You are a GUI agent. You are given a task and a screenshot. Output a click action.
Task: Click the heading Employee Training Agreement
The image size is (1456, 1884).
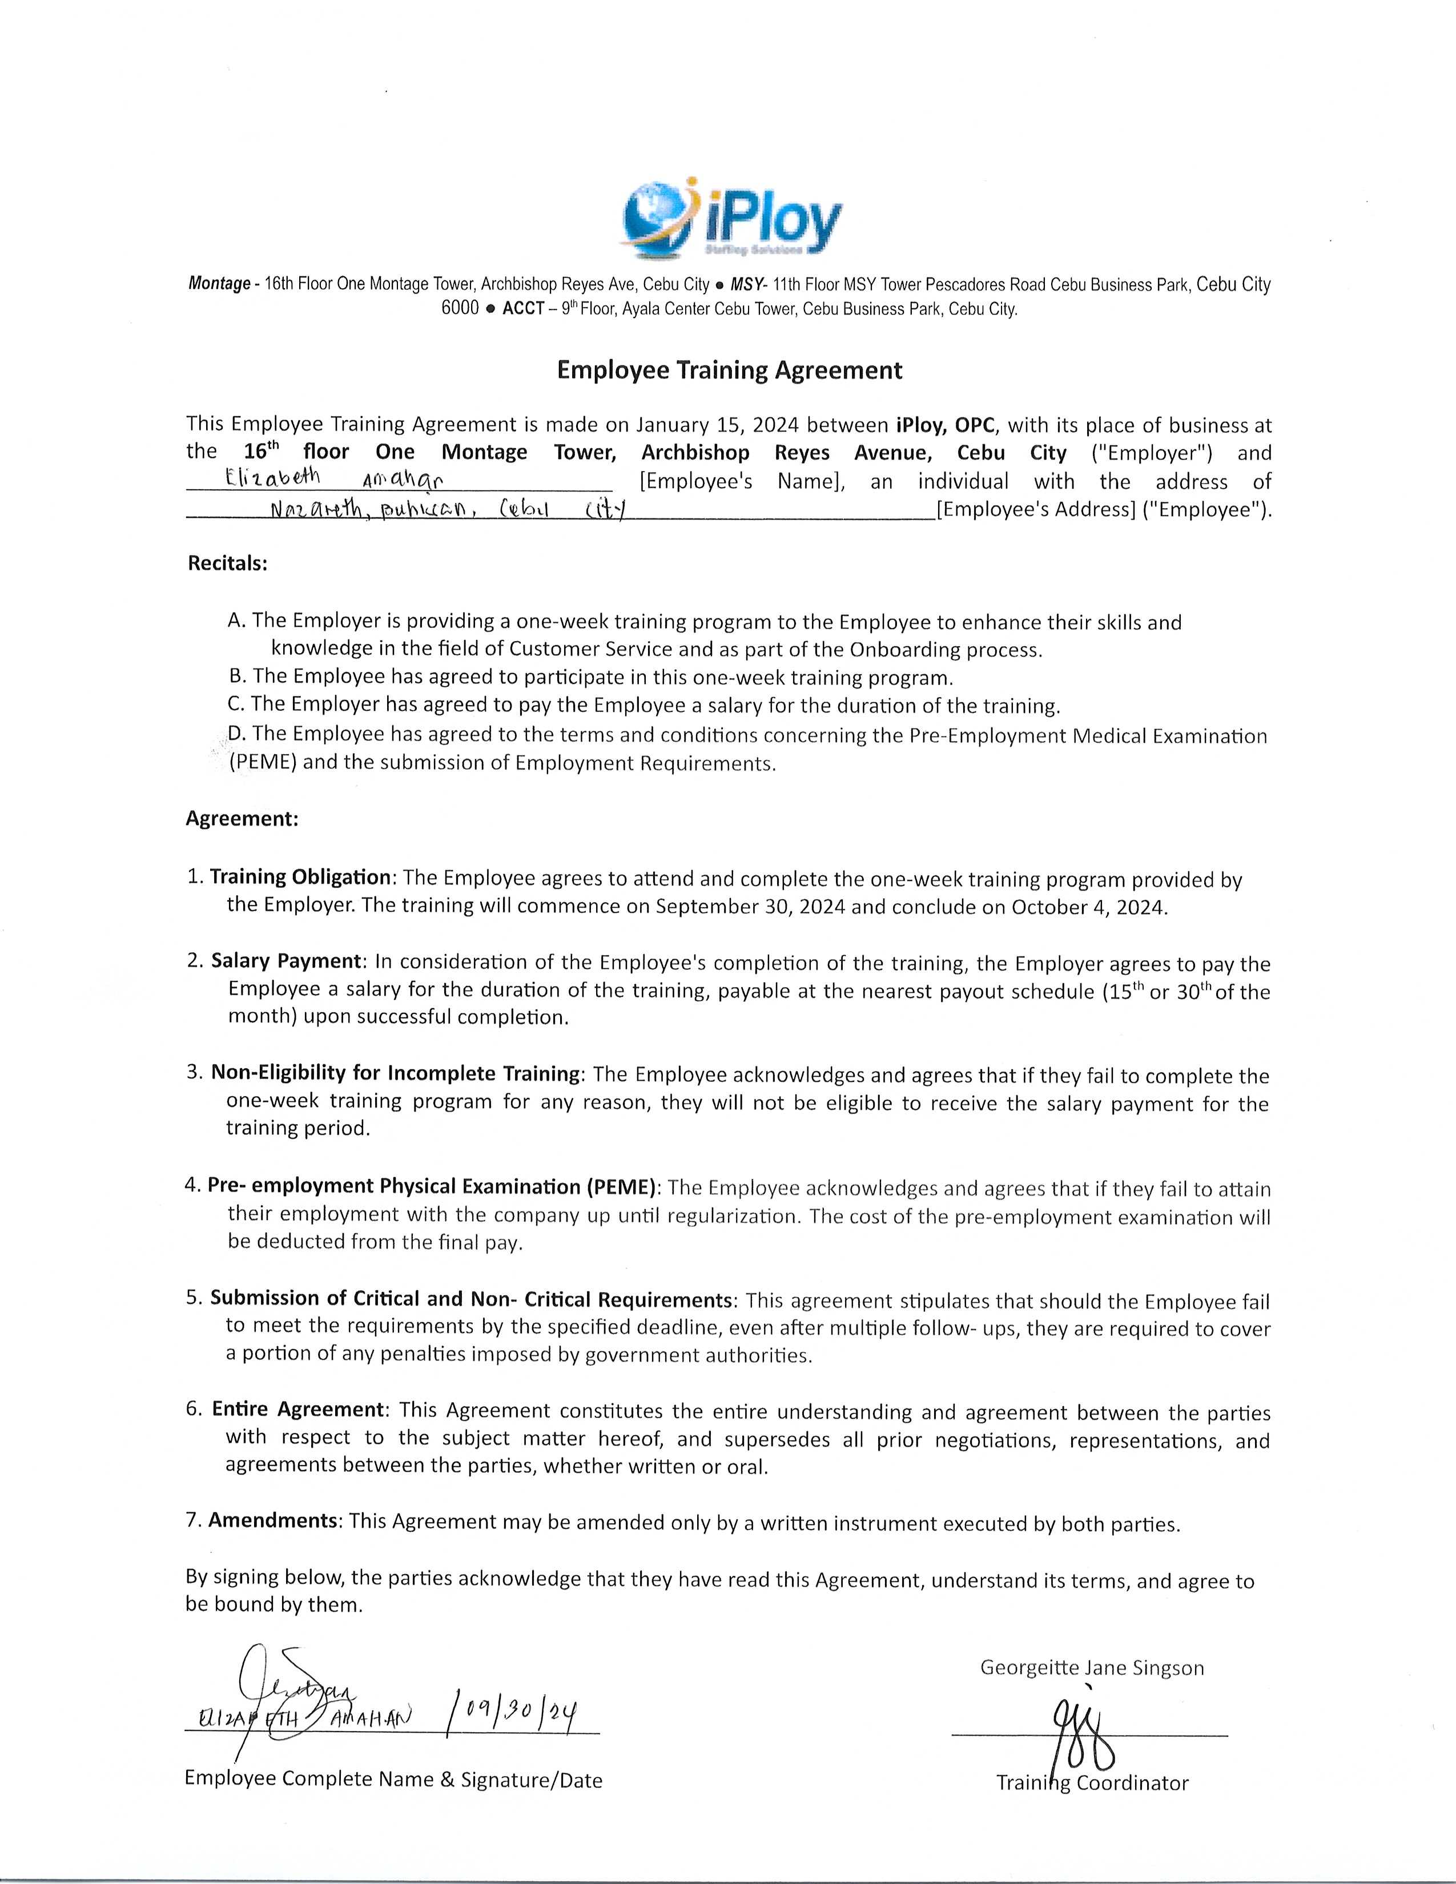[729, 370]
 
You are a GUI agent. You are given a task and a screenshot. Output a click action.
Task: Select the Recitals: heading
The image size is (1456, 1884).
[228, 563]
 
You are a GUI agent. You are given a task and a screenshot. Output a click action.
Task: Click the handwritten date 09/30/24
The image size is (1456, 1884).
[512, 1710]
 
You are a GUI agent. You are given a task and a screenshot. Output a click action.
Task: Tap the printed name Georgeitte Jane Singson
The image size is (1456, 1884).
[1091, 1668]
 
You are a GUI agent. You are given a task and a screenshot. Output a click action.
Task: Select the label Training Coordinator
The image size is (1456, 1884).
[1092, 1782]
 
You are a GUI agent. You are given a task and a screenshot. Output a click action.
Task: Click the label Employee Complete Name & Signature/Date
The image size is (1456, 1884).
[393, 1779]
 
